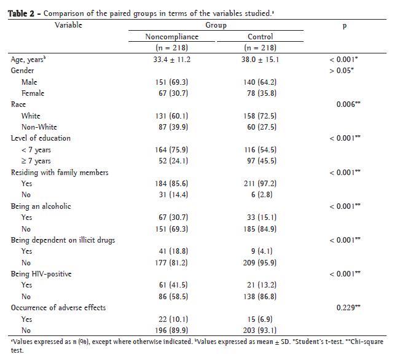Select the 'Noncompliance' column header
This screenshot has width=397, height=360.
pos(171,37)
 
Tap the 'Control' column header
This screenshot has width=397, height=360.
pos(260,37)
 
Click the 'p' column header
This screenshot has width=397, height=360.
pos(344,26)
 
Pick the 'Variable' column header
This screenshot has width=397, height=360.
pos(69,26)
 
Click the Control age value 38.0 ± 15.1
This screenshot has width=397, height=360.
pos(261,60)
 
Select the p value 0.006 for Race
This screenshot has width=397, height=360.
pos(348,104)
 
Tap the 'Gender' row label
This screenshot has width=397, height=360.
pos(23,71)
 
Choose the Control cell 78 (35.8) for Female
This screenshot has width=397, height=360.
pos(261,93)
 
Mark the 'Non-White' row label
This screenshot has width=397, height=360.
pos(39,127)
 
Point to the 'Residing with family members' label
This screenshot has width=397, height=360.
pos(60,172)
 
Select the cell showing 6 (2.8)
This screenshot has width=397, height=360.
pos(261,195)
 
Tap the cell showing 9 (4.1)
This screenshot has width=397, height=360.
pos(261,251)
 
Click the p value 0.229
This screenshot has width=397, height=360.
pos(348,307)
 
